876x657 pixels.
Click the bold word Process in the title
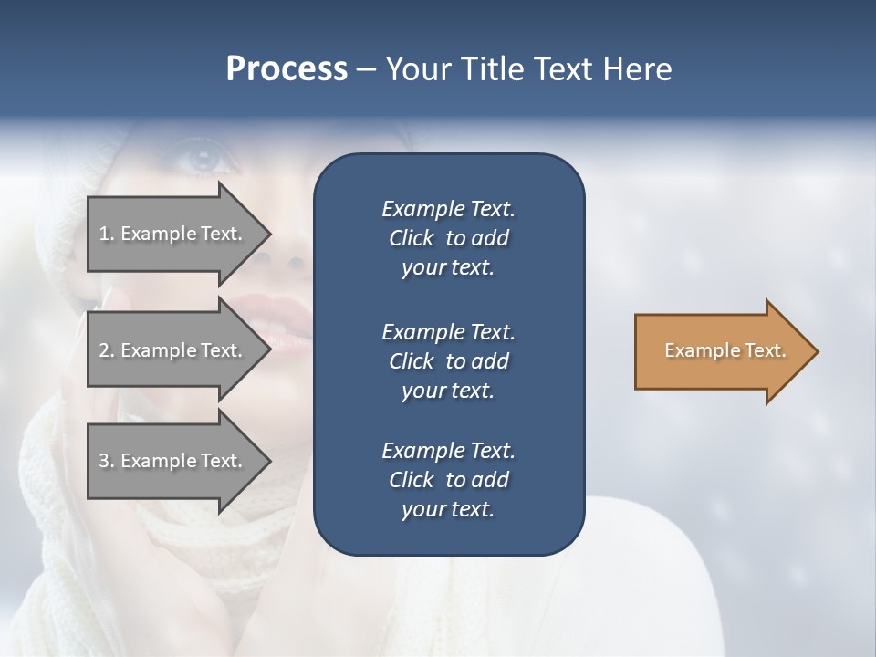(x=287, y=69)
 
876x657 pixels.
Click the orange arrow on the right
(x=721, y=351)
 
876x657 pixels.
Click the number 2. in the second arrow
(x=107, y=350)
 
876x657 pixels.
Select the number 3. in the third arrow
(x=107, y=461)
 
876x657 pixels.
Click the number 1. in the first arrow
(x=107, y=234)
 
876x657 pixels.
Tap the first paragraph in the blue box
(x=448, y=238)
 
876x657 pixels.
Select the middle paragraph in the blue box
(x=448, y=361)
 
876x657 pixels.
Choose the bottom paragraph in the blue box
(x=448, y=480)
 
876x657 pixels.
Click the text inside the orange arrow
(x=725, y=350)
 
